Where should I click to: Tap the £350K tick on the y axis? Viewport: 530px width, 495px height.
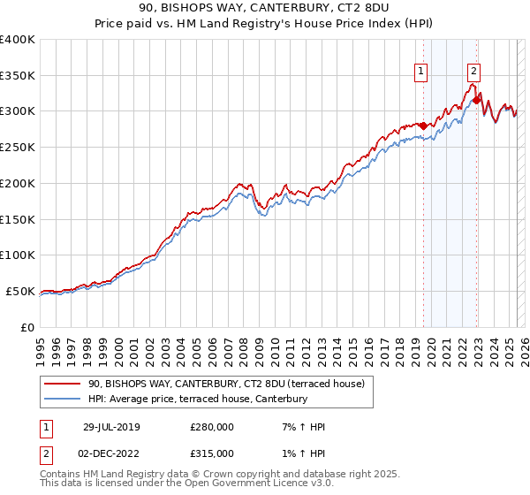tap(18, 75)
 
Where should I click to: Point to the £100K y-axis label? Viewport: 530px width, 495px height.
tap(18, 255)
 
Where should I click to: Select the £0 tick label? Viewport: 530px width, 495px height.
tap(27, 327)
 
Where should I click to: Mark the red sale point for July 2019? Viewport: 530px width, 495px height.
tap(422, 126)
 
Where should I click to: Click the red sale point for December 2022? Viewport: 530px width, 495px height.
tap(476, 100)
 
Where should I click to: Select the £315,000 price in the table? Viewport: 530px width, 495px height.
tap(212, 453)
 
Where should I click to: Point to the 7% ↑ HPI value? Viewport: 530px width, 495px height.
tap(299, 427)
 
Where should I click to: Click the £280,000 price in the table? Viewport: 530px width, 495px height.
tap(212, 427)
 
